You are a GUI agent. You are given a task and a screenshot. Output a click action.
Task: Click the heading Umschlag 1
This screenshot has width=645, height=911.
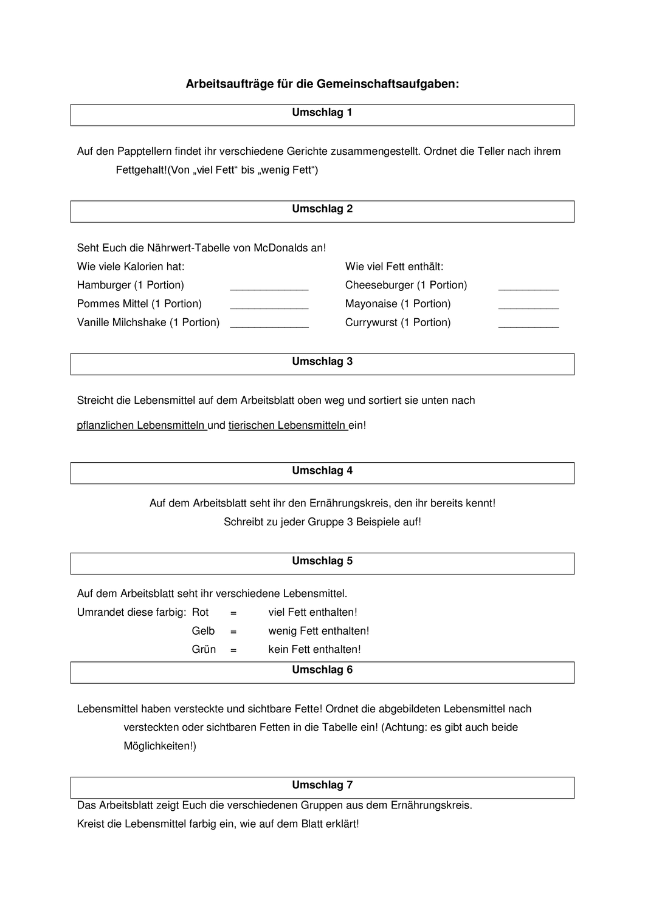322,113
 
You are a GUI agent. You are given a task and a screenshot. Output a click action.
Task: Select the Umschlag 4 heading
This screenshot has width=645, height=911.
322,471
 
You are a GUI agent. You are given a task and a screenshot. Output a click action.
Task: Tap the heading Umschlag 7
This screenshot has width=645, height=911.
322,785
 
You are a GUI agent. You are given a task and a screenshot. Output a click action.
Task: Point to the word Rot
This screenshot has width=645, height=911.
200,612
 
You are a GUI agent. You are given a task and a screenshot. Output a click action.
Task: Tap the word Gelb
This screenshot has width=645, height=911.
203,631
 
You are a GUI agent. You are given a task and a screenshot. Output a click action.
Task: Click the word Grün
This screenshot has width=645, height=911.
204,649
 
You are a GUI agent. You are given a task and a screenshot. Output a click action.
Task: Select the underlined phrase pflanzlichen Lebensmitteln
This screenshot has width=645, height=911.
141,425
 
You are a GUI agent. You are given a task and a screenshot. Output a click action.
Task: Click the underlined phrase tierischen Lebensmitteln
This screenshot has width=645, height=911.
287,425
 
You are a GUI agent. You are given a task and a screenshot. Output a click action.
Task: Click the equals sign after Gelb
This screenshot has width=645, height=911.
233,631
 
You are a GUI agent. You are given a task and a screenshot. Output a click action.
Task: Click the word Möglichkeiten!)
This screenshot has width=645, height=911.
160,746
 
